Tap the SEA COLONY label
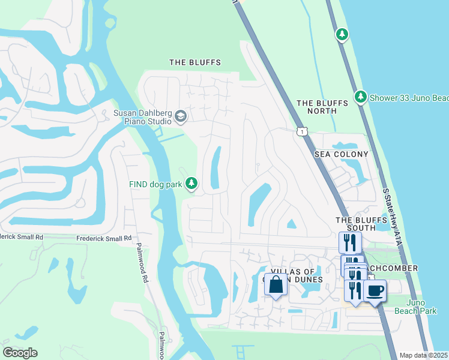(x=341, y=154)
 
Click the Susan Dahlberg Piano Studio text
(x=142, y=116)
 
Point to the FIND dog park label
(x=154, y=184)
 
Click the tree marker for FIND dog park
(x=191, y=183)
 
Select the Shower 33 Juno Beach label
(x=409, y=98)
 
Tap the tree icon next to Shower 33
(x=360, y=97)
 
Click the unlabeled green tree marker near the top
(x=342, y=34)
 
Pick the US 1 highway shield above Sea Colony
(x=301, y=130)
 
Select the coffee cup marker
(x=375, y=291)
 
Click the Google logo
(x=20, y=352)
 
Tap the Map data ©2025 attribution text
(x=423, y=355)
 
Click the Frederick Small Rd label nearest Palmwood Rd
(x=103, y=238)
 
